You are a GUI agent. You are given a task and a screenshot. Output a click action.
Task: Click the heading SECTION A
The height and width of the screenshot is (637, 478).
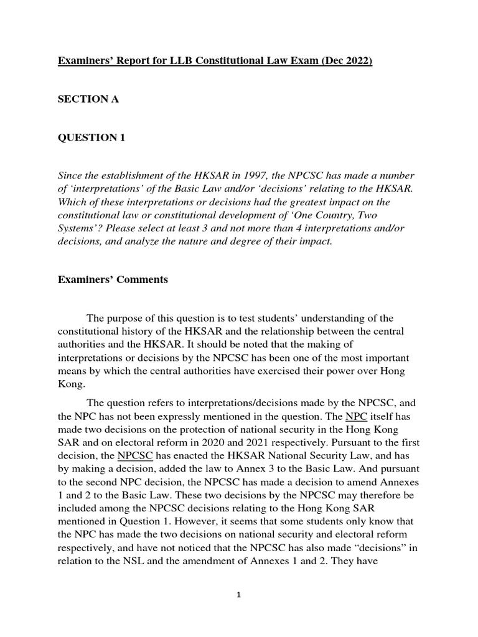pyautogui.click(x=88, y=100)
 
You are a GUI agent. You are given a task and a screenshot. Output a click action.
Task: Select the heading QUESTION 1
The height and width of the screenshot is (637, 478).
pyautogui.click(x=91, y=137)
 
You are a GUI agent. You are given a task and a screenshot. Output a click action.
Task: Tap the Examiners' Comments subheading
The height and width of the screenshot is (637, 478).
pyautogui.click(x=113, y=279)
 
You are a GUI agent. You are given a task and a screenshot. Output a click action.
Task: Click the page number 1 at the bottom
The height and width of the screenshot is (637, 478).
pyautogui.click(x=239, y=595)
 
